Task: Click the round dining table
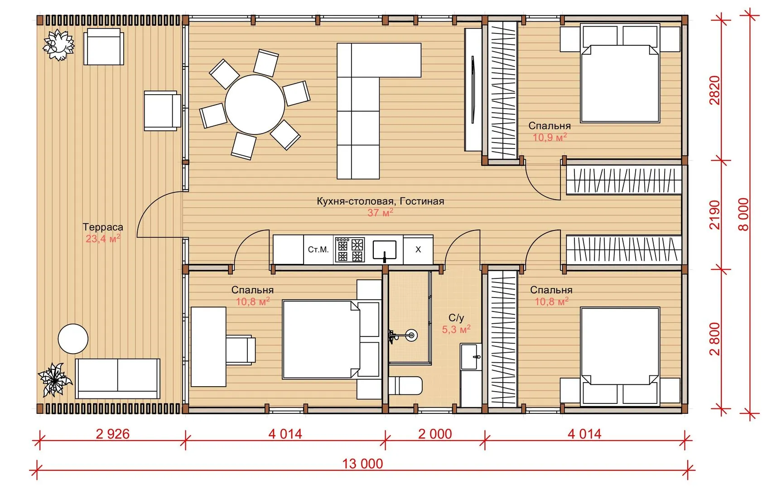pyautogui.click(x=255, y=105)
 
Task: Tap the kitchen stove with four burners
pyautogui.click(x=350, y=250)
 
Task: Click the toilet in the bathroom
pyautogui.click(x=405, y=386)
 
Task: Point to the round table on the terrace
pyautogui.click(x=73, y=339)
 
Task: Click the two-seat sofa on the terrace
pyautogui.click(x=117, y=379)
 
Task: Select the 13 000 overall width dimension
pyautogui.click(x=362, y=464)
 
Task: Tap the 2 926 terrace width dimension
pyautogui.click(x=113, y=434)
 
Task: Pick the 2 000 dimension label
pyautogui.click(x=435, y=434)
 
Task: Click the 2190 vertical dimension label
pyautogui.click(x=715, y=215)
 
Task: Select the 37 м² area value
pyautogui.click(x=380, y=212)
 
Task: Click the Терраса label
pyautogui.click(x=103, y=227)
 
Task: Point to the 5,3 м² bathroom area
pyautogui.click(x=456, y=329)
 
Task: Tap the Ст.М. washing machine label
pyautogui.click(x=318, y=250)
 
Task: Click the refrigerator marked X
pyautogui.click(x=418, y=250)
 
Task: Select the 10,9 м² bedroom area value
pyautogui.click(x=550, y=138)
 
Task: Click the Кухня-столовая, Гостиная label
pyautogui.click(x=380, y=201)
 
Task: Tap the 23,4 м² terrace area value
pyautogui.click(x=103, y=239)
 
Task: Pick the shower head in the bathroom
pyautogui.click(x=411, y=335)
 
